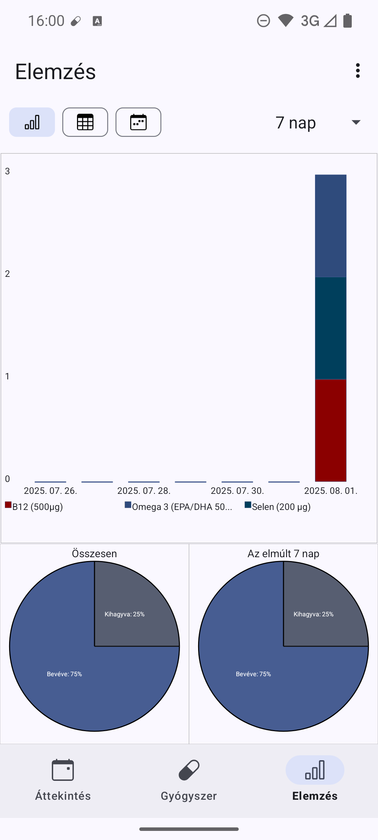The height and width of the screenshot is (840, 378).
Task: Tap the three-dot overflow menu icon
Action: coord(357,71)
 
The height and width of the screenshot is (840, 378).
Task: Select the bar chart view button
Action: coord(32,122)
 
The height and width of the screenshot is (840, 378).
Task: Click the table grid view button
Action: coord(85,122)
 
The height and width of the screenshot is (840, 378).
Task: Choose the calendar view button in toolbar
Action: coord(138,122)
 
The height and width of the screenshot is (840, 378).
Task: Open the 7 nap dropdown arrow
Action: coord(356,122)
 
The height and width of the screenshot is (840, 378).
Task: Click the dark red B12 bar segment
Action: coord(330,430)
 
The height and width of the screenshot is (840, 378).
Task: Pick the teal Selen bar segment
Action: coord(330,328)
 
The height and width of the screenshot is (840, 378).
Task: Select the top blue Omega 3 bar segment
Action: coord(330,226)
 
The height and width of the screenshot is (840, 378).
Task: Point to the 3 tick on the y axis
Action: coord(7,171)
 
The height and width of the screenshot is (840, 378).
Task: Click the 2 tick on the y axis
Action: coord(7,274)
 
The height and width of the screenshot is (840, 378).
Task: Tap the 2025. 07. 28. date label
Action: coord(144,491)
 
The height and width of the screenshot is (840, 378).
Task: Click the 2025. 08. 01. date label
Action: coord(331,491)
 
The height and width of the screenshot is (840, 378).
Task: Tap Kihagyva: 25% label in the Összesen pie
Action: coord(125,614)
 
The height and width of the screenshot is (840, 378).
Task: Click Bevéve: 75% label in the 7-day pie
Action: coord(253,674)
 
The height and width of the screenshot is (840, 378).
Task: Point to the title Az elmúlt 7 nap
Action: coord(283,553)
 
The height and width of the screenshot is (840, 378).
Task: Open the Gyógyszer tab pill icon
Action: coord(189,770)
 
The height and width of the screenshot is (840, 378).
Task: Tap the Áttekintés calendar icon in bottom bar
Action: coord(63,770)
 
